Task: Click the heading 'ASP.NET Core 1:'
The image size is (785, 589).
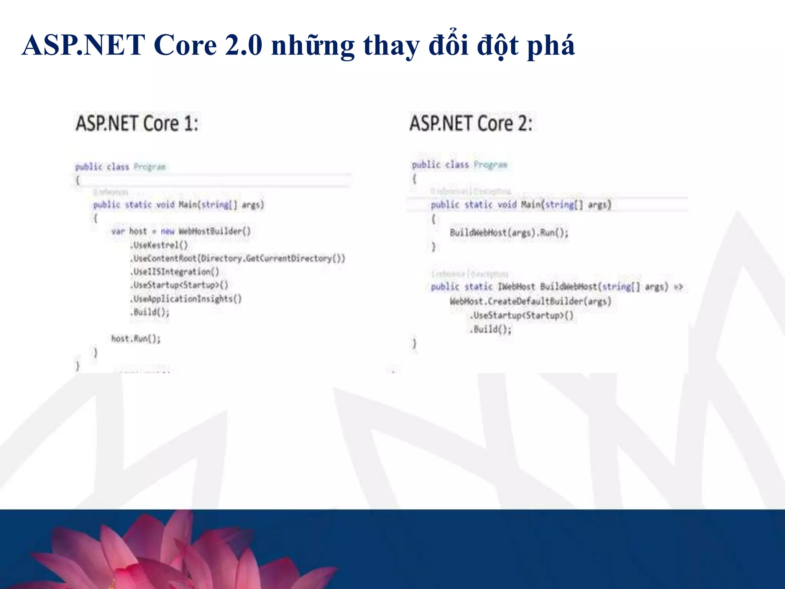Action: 137,123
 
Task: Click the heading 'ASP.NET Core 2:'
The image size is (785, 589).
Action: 471,123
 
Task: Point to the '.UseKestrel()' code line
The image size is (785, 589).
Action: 159,245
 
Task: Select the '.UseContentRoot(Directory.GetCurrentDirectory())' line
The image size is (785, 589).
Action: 238,258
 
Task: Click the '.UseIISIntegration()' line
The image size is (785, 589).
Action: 175,271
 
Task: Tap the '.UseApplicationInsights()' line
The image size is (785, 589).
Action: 186,298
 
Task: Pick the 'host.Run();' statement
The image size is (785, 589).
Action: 136,338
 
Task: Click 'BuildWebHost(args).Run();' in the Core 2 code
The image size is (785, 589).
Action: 509,232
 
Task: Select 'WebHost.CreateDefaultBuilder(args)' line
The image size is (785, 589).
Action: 530,301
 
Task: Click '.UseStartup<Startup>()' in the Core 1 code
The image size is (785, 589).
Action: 179,285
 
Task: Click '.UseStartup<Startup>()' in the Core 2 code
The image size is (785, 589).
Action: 521,315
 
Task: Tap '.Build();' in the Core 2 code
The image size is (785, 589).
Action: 491,329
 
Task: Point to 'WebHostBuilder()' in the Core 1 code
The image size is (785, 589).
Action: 215,231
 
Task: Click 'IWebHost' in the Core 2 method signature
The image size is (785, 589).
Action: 516,286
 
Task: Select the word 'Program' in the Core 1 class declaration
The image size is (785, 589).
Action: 149,167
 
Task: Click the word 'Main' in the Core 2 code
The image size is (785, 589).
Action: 531,204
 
